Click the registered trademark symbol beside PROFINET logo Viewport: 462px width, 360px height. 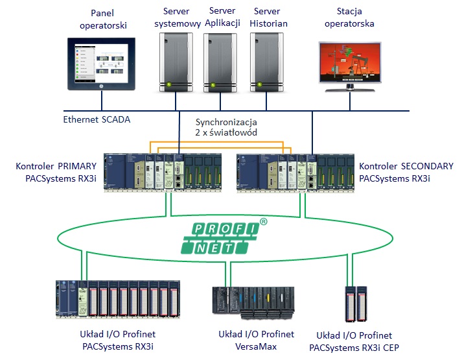tap(263, 222)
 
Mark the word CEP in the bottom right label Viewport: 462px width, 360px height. tap(390, 348)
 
